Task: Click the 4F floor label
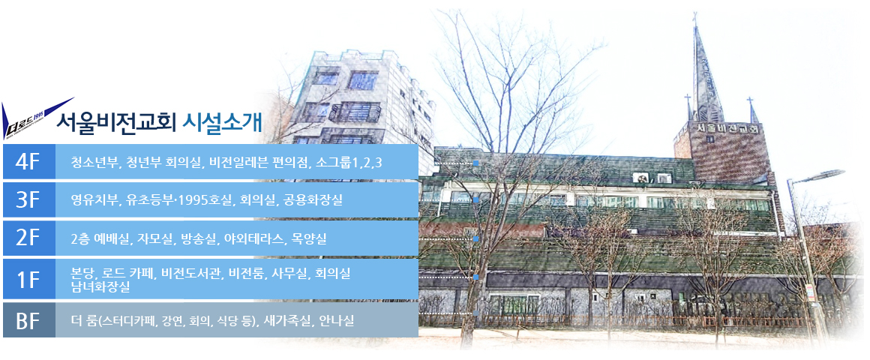point(28,161)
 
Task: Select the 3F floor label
point(28,199)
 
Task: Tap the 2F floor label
point(28,238)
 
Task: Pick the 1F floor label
point(28,279)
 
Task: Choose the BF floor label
point(28,320)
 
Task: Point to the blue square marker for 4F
point(475,163)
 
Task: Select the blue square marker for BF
point(475,313)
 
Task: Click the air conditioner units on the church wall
point(652,178)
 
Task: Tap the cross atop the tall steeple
point(694,18)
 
